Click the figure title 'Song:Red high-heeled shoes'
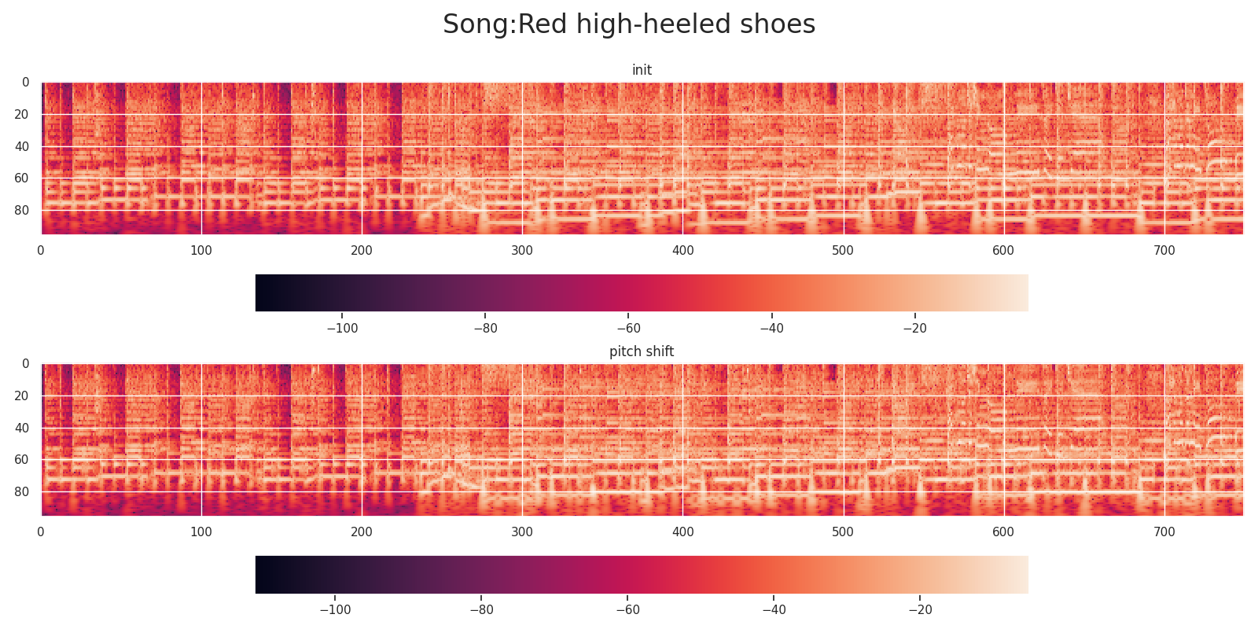(x=629, y=24)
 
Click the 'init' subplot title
(x=642, y=70)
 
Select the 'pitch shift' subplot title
(x=642, y=351)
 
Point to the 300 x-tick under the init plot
(x=522, y=250)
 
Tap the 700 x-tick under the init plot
(x=1164, y=250)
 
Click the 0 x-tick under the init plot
(x=41, y=250)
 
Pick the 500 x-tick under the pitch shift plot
(x=843, y=532)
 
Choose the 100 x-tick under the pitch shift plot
(x=201, y=532)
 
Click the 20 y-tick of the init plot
(x=22, y=115)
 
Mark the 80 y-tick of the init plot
(x=22, y=211)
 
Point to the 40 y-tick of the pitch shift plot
(x=22, y=428)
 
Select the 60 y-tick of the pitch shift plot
(x=22, y=460)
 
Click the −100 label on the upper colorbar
(x=341, y=328)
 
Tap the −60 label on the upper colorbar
(x=627, y=328)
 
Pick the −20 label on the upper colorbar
(x=914, y=328)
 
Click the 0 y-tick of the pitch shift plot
(x=25, y=364)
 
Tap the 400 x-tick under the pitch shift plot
(x=682, y=532)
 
